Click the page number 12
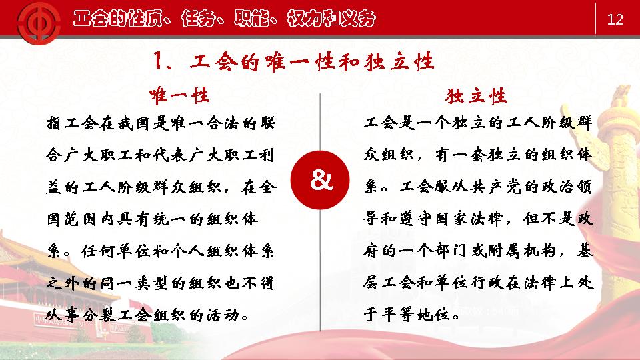615,19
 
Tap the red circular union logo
39,23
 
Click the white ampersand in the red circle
321,179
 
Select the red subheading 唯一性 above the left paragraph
179,96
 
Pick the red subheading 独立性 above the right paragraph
476,96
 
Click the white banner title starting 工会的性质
224,19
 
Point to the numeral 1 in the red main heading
158,61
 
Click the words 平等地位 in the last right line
416,315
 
